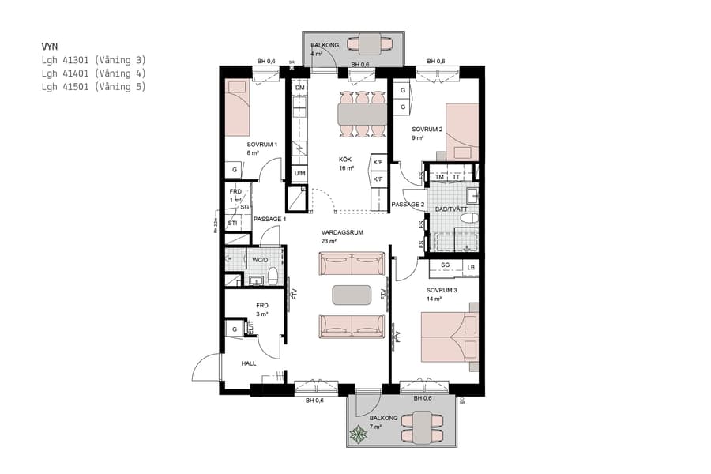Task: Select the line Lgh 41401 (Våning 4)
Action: pos(94,73)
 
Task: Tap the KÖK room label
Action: pos(345,159)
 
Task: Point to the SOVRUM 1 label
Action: pos(261,145)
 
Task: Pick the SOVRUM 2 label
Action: pos(427,129)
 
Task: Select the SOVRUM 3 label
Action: pos(442,290)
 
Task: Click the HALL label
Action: pos(249,363)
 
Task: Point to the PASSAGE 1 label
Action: pos(269,218)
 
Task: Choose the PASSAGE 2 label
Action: pos(408,205)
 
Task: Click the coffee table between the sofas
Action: pos(352,295)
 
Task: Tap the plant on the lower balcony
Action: pos(359,434)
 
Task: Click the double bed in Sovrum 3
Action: pos(448,338)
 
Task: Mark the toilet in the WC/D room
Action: pos(273,276)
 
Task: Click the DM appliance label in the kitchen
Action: pos(300,88)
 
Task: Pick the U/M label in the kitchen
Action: pos(300,173)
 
